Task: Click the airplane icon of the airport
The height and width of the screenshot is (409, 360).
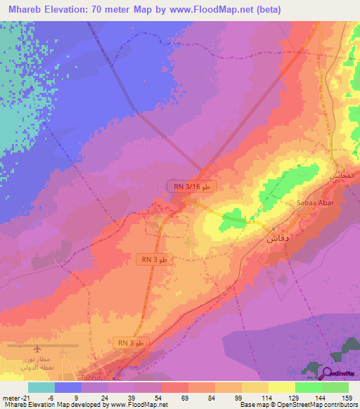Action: coord(37,348)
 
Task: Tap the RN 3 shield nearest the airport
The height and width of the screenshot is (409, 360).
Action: coord(131,342)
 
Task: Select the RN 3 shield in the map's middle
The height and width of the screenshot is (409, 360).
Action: coord(154,260)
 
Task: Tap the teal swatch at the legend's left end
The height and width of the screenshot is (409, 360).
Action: coord(41,387)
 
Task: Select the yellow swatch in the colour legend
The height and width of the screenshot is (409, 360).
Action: coord(282,387)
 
